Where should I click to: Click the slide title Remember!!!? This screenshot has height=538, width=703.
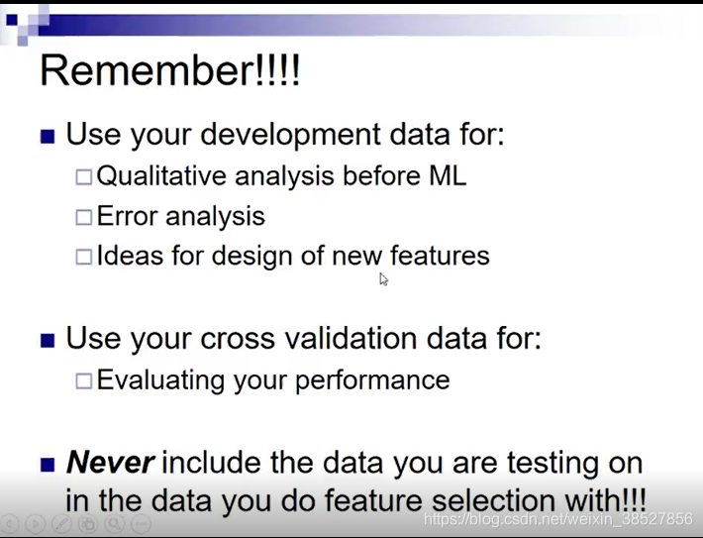pyautogui.click(x=169, y=70)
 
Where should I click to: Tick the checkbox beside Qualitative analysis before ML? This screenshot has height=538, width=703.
pyautogui.click(x=84, y=176)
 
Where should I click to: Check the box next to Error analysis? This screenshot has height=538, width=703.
pyautogui.click(x=84, y=217)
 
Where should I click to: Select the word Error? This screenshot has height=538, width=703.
pyautogui.click(x=127, y=216)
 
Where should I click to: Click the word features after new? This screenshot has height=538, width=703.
pyautogui.click(x=440, y=256)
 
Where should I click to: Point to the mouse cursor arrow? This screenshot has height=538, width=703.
pyautogui.click(x=383, y=279)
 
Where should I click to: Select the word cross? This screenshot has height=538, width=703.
pyautogui.click(x=238, y=338)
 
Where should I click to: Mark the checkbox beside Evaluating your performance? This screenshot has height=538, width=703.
pyautogui.click(x=84, y=380)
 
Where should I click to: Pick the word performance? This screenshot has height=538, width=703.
pyautogui.click(x=372, y=380)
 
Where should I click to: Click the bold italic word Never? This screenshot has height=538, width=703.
pyautogui.click(x=110, y=462)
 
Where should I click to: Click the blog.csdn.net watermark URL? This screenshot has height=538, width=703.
pyautogui.click(x=557, y=519)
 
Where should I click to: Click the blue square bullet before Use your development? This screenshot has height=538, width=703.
pyautogui.click(x=48, y=137)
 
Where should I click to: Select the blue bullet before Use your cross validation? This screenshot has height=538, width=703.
pyautogui.click(x=48, y=340)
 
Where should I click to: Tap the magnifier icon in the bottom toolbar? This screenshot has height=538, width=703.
pyautogui.click(x=115, y=523)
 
